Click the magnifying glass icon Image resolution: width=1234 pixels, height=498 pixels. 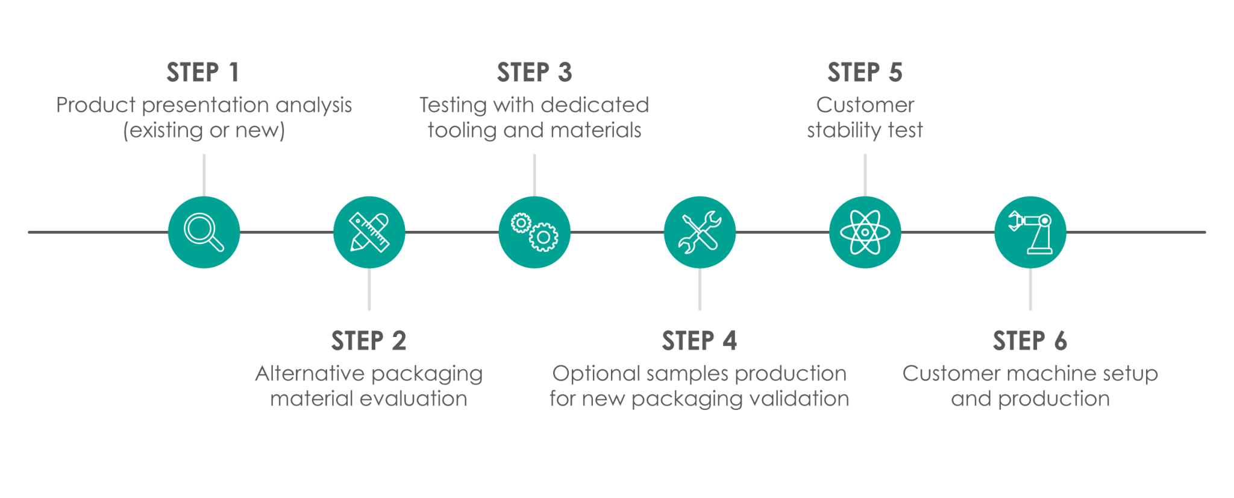click(204, 232)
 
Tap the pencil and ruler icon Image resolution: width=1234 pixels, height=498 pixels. click(369, 232)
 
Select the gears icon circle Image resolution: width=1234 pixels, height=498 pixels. click(534, 232)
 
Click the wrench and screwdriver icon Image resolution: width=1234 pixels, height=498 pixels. click(700, 232)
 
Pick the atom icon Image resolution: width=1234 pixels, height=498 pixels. click(865, 232)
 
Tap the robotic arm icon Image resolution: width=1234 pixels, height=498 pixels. click(1030, 232)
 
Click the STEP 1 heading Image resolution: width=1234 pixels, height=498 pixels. click(203, 72)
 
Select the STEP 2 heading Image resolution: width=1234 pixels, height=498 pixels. click(369, 341)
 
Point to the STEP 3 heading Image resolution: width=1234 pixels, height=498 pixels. click(534, 72)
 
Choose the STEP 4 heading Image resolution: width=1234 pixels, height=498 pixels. click(699, 341)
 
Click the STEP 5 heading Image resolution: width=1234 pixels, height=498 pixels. click(865, 72)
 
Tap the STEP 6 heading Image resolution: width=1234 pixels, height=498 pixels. click(1030, 341)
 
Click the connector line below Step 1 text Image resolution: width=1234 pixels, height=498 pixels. click(204, 175)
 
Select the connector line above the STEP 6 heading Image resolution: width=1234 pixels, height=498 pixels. click(1030, 289)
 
